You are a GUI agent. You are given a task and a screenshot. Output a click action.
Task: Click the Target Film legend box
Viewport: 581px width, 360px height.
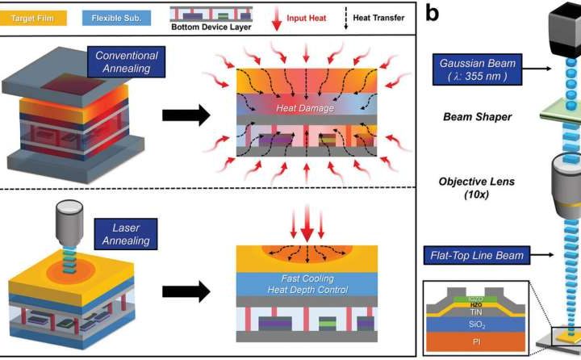[x=37, y=16]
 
